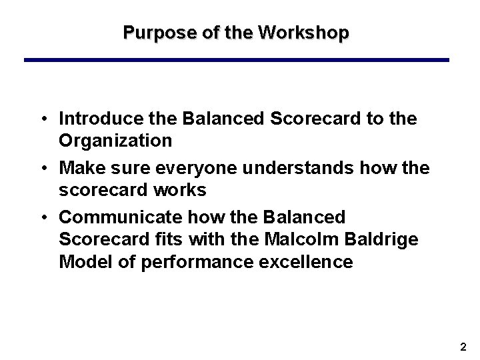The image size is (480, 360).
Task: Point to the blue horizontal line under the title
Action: tap(237, 60)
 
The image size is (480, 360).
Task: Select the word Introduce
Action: tap(95, 119)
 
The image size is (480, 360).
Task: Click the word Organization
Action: tap(115, 140)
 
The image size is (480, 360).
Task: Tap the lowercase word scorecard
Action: tap(101, 190)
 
